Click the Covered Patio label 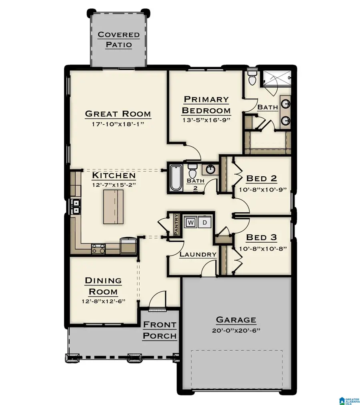click(119, 39)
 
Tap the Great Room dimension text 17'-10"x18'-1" click(118, 124)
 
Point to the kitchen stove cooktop click(98, 249)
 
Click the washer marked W click(190, 222)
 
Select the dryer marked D click(204, 222)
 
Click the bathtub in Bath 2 click(176, 177)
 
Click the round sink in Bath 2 click(210, 170)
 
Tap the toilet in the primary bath click(252, 79)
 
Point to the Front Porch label click(160, 330)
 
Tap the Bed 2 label click(262, 178)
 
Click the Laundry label click(198, 254)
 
